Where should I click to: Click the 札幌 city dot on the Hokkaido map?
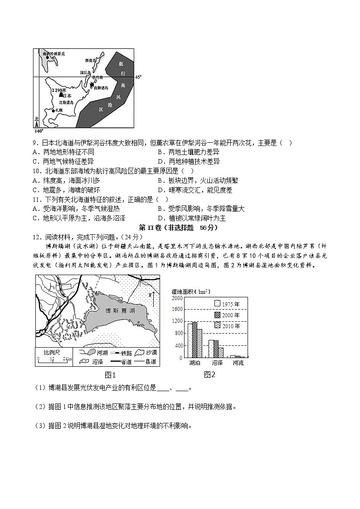pos(53,111)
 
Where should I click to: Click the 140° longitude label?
pos(39,131)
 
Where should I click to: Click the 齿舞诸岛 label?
pos(100,88)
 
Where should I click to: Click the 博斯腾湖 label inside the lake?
pos(120,311)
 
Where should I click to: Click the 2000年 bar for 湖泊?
pos(195,340)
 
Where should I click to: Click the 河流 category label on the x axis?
pos(238,363)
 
